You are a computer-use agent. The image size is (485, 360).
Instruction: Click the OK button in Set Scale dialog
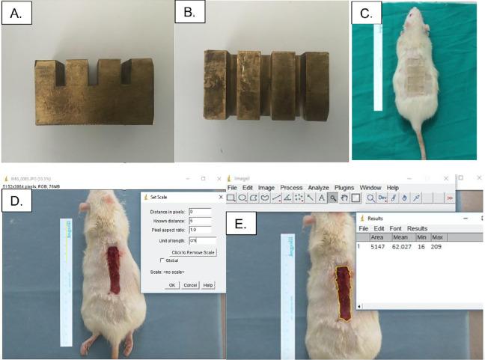[173, 284]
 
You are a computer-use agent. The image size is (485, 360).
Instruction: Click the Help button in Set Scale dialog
[208, 284]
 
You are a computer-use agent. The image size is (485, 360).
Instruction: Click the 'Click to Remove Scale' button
[193, 252]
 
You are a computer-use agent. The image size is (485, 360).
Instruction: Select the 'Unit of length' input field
[202, 240]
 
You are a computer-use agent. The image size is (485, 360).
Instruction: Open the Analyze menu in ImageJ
[319, 187]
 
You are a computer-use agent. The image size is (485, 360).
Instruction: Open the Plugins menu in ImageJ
[345, 187]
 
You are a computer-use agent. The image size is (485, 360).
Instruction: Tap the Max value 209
[437, 245]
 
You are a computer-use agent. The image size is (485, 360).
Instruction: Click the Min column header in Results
[421, 237]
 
